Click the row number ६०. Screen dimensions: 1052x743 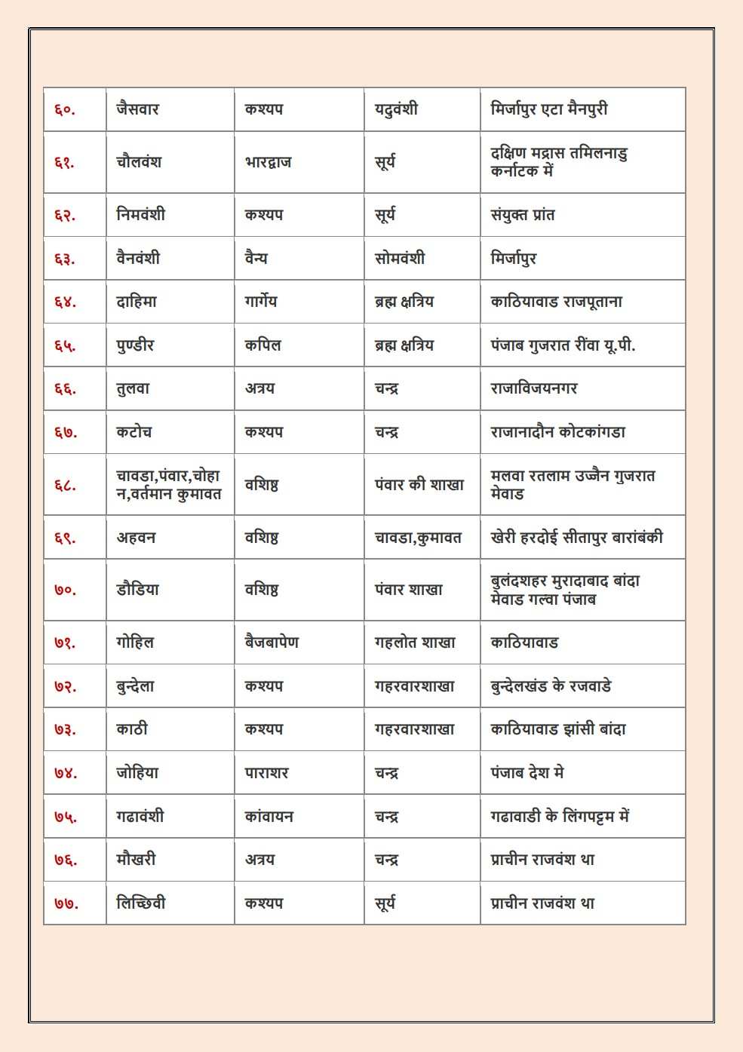pyautogui.click(x=64, y=109)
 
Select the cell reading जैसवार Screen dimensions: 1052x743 pyautogui.click(x=137, y=109)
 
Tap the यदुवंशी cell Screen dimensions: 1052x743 pyautogui.click(x=396, y=109)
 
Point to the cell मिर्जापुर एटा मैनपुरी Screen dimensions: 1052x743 pyautogui.click(x=548, y=109)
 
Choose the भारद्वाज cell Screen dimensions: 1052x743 pyautogui.click(x=268, y=162)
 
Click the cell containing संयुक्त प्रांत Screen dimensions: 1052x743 pyautogui.click(x=522, y=215)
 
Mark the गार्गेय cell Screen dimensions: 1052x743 pyautogui.click(x=260, y=302)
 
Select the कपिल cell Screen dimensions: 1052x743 pyautogui.click(x=263, y=345)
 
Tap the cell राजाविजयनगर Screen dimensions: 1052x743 pyautogui.click(x=533, y=388)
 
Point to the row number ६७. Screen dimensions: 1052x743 pyautogui.click(x=65, y=432)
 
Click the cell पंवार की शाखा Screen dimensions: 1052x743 pyautogui.click(x=419, y=485)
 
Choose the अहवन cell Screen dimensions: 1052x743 pyautogui.click(x=136, y=538)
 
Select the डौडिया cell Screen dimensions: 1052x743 pyautogui.click(x=137, y=590)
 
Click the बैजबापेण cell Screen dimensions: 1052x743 pyautogui.click(x=272, y=643)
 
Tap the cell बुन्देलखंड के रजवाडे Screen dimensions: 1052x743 pyautogui.click(x=551, y=686)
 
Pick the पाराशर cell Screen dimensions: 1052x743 pyautogui.click(x=266, y=773)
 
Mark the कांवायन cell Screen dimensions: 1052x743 pyautogui.click(x=269, y=816)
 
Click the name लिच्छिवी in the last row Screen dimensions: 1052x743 pyautogui.click(x=140, y=903)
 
